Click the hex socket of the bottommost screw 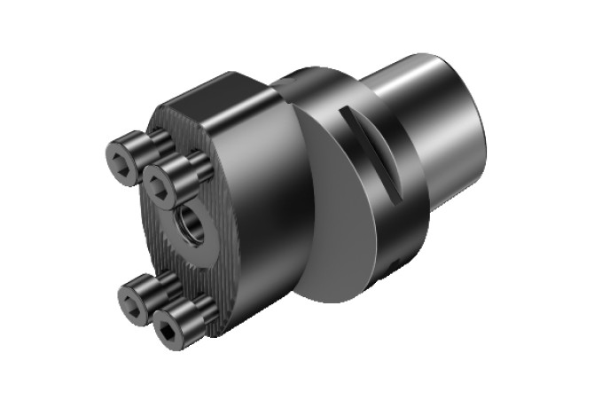pyautogui.click(x=168, y=330)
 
